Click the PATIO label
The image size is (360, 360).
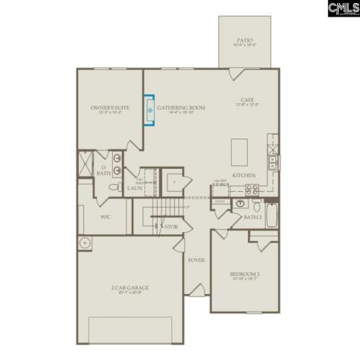click(x=244, y=39)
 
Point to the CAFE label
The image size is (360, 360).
click(x=246, y=100)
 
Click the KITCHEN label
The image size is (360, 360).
click(x=243, y=175)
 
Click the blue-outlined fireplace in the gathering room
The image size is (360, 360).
click(x=149, y=111)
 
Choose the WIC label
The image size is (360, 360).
click(x=106, y=216)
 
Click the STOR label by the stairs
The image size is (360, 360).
click(x=172, y=226)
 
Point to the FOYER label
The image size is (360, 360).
click(x=196, y=260)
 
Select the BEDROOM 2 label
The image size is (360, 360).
click(x=245, y=274)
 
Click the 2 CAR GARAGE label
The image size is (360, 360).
click(x=129, y=287)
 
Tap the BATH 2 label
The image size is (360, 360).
click(x=252, y=218)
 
